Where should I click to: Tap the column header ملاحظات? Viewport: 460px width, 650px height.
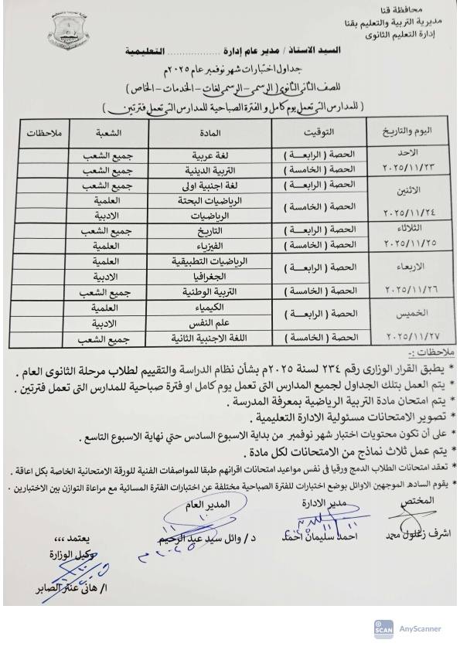pos(40,133)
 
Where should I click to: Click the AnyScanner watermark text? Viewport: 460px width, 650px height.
pos(420,628)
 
